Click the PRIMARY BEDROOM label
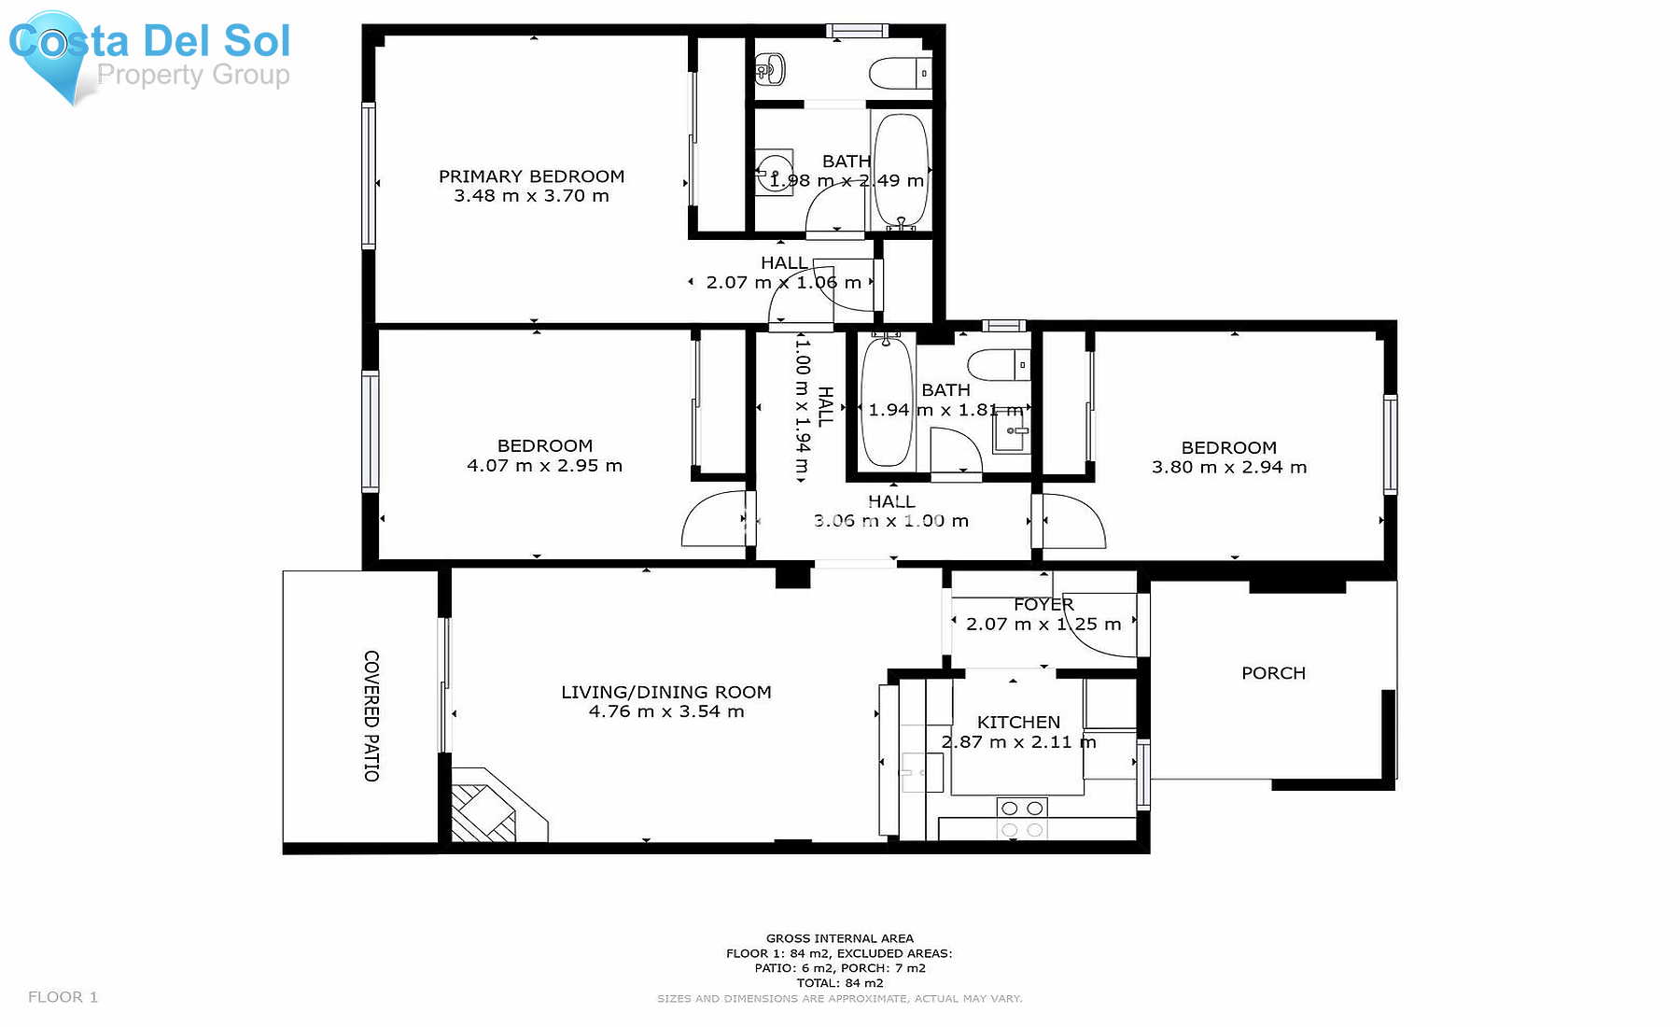click(531, 176)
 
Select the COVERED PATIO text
click(371, 715)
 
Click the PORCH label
click(1273, 673)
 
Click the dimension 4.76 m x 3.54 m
click(666, 711)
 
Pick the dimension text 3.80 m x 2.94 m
click(1228, 467)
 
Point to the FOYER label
click(1043, 605)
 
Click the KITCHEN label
click(1018, 722)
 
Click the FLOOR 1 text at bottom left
click(63, 997)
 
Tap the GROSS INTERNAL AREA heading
click(839, 938)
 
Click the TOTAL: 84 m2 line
click(839, 982)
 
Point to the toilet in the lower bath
click(998, 364)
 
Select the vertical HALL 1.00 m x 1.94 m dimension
click(802, 408)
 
